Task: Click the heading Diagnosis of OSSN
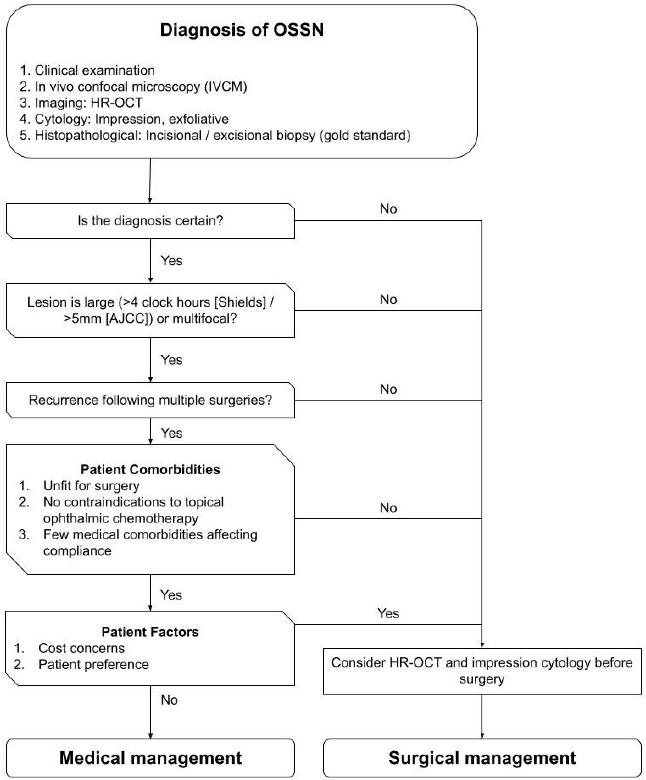[242, 30]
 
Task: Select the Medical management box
[151, 758]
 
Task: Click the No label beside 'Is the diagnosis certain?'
[388, 209]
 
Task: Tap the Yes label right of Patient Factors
[388, 613]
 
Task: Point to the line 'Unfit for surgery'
[91, 486]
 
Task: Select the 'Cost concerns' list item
[81, 648]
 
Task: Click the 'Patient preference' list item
[93, 664]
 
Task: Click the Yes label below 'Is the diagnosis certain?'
[171, 260]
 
